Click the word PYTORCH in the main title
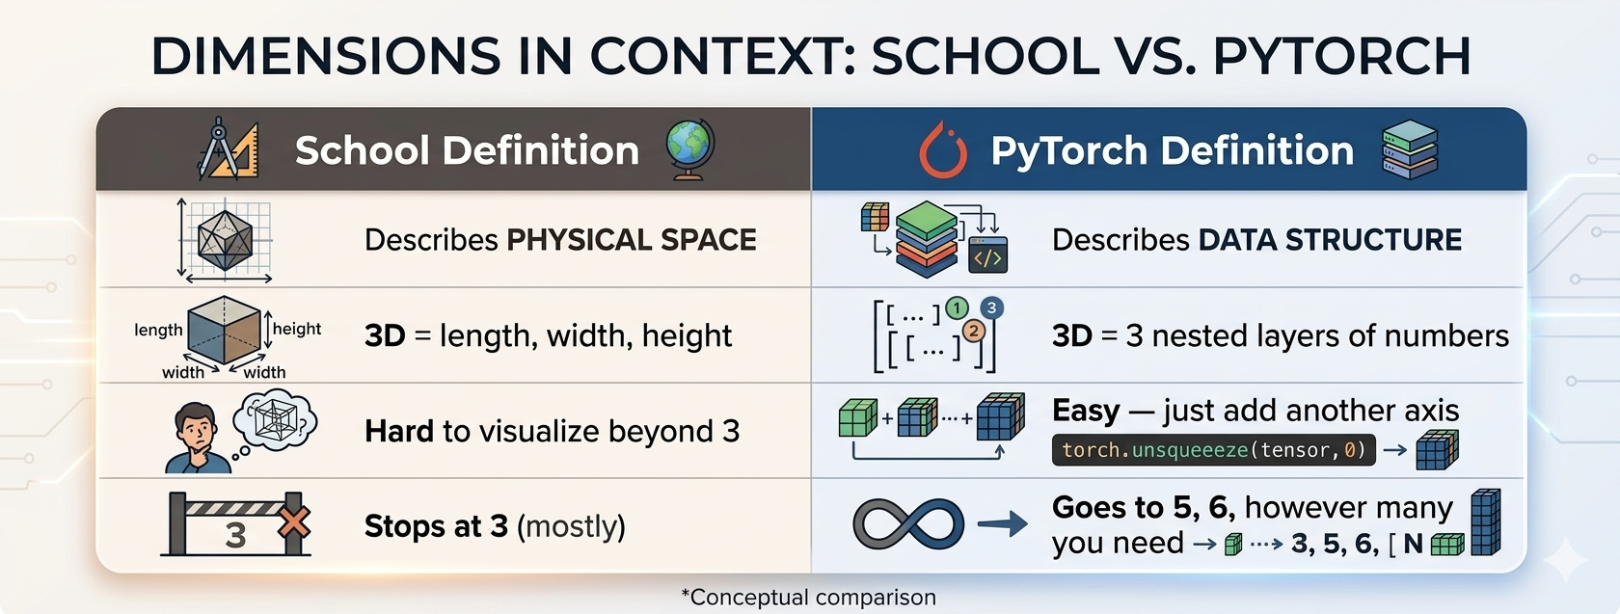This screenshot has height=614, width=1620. point(1341,56)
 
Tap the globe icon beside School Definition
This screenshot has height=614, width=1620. point(690,149)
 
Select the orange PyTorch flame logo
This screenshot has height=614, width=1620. point(943,150)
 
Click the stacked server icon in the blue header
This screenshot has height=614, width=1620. point(1410,149)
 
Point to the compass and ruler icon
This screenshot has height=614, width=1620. point(229,149)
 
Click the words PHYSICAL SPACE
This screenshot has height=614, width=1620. point(632,240)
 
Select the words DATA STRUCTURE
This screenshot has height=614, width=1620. point(1330,240)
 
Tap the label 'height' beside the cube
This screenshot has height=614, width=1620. point(297,329)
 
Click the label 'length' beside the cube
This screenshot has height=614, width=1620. point(158,331)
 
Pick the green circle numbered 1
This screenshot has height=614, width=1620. point(957,308)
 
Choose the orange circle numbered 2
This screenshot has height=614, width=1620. point(974,332)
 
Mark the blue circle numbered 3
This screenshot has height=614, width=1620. point(991,308)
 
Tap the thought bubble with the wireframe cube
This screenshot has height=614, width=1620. point(275,421)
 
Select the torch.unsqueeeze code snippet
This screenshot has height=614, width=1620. point(1213,450)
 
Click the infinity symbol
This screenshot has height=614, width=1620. point(908,524)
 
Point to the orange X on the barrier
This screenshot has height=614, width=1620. point(293,522)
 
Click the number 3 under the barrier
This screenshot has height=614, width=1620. point(235,536)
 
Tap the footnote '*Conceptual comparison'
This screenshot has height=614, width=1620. point(808,598)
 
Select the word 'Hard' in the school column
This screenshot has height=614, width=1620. point(399,431)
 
